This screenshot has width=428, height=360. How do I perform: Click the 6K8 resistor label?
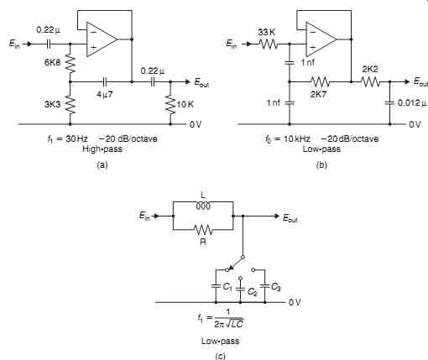[52, 62]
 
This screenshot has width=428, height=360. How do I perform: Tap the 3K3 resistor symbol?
[70, 104]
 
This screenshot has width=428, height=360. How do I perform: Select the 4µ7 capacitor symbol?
[104, 81]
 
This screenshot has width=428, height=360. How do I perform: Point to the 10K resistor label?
[185, 105]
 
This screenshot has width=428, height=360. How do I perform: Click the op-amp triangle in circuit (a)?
[102, 39]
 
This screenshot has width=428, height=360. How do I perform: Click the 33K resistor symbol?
[268, 44]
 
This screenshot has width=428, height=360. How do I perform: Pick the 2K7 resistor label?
[318, 94]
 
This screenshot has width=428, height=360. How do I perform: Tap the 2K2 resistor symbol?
[370, 81]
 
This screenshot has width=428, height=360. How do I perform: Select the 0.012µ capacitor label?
[412, 103]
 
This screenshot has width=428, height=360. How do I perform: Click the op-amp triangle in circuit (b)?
[321, 39]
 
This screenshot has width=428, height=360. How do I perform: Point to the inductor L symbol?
[203, 206]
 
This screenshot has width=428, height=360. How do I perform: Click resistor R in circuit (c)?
[203, 230]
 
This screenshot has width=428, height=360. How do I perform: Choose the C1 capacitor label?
[227, 286]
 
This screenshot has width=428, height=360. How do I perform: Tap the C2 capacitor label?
[253, 292]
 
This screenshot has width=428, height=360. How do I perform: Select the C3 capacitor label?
[276, 287]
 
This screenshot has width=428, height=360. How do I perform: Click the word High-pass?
[102, 149]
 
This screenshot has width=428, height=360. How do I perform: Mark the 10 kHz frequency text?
[297, 138]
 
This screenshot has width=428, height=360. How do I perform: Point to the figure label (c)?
[220, 356]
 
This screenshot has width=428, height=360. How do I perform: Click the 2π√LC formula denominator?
[229, 324]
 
